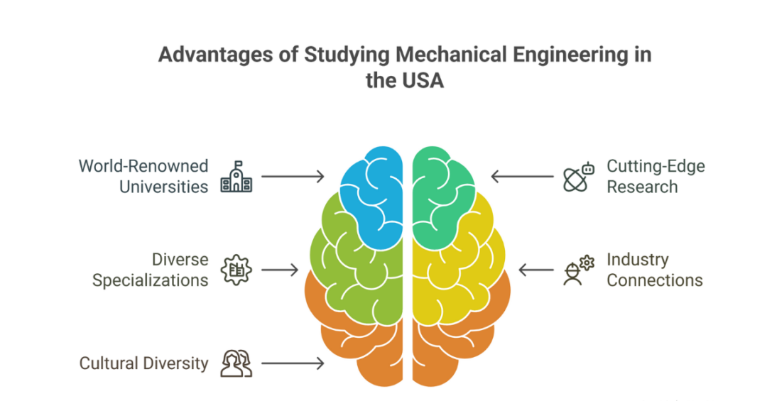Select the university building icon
[236, 177]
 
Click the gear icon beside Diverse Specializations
[236, 270]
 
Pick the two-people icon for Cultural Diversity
[236, 363]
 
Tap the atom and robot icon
[578, 177]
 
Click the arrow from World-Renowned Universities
[293, 176]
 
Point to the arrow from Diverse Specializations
[280, 270]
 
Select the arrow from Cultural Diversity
[293, 363]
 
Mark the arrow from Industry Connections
[536, 270]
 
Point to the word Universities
[163, 187]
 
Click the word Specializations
[150, 280]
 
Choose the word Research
[642, 187]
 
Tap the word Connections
[654, 280]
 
